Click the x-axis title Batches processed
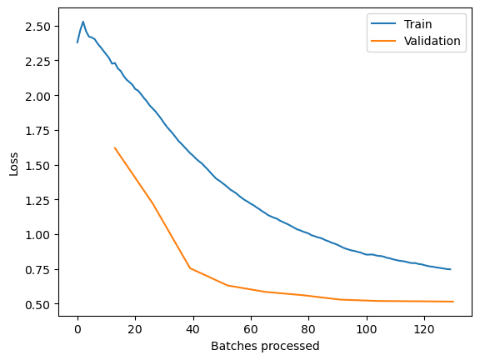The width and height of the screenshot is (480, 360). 265,346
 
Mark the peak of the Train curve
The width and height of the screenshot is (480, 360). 82,22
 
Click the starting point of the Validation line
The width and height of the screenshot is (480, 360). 115,148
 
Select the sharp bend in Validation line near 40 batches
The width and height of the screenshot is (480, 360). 190,268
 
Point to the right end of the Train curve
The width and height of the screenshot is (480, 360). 450,269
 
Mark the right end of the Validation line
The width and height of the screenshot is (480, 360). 452,302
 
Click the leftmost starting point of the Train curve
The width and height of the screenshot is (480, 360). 77,42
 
